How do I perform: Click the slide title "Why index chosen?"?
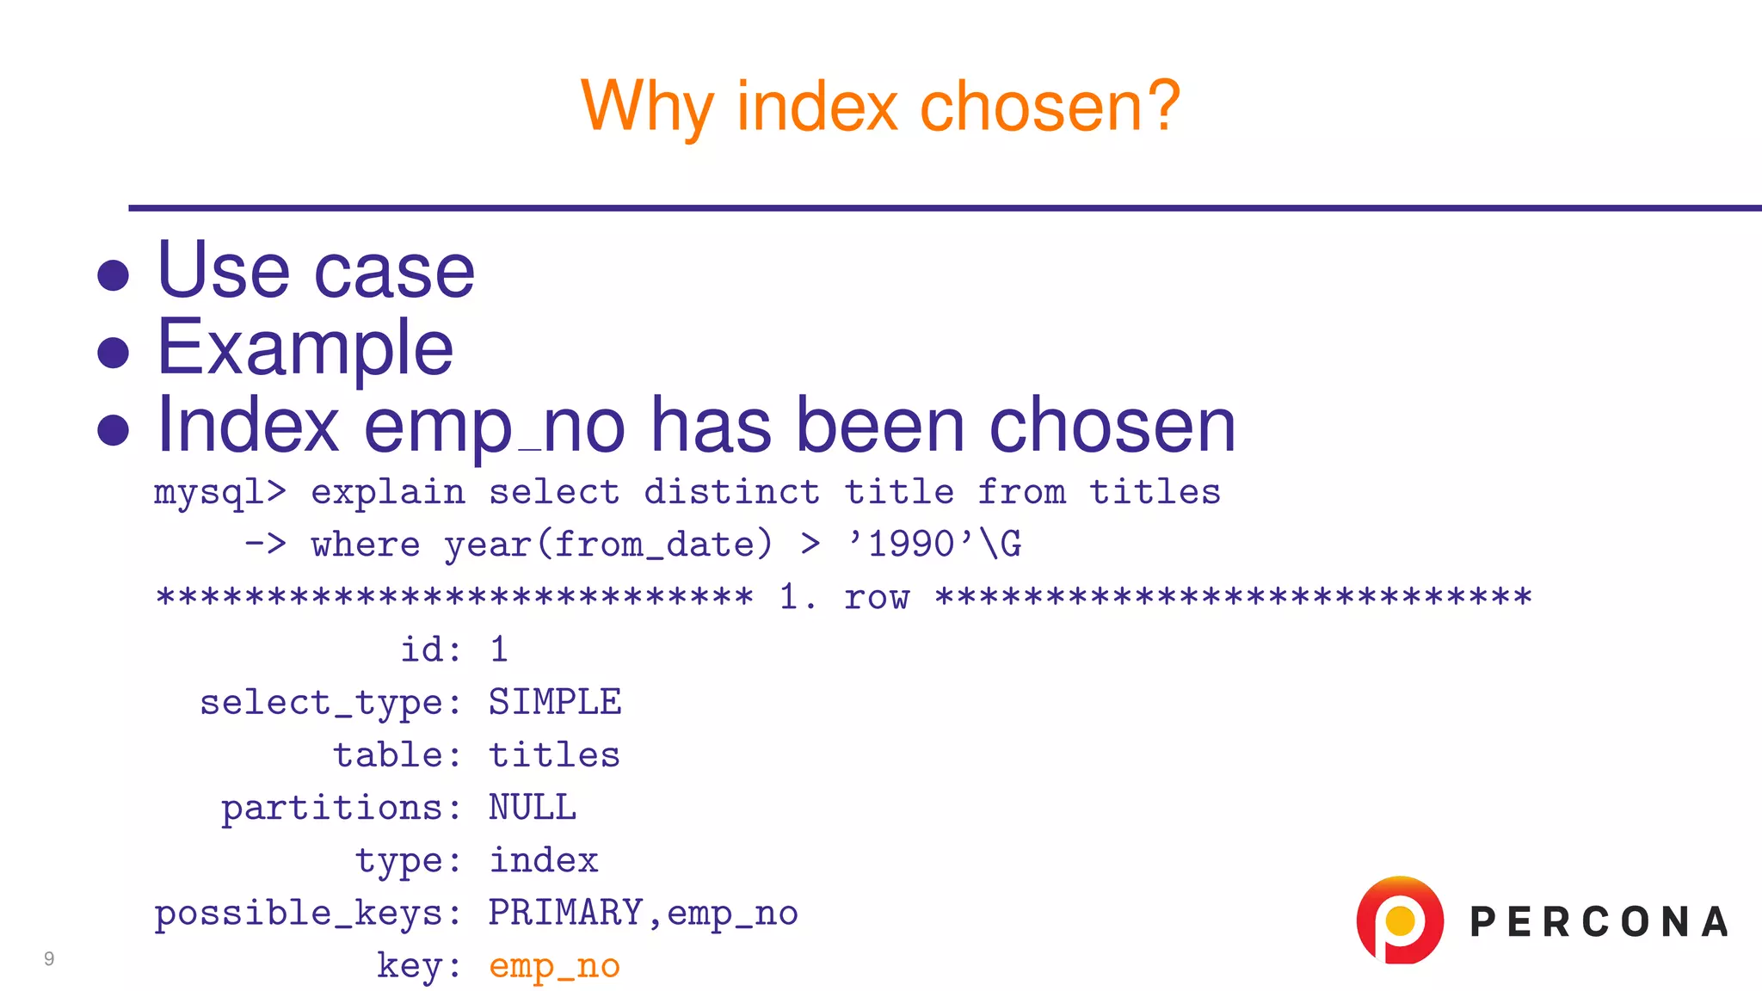880,107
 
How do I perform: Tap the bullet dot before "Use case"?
114,276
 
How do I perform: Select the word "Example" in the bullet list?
305,348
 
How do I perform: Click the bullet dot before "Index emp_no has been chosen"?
114,429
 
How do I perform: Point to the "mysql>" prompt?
220,493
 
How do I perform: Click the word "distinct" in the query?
731,493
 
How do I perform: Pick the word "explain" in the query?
388,493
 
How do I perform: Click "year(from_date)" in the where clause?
608,545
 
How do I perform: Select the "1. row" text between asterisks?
844,597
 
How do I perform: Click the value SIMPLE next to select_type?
555,703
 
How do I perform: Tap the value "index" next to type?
544,861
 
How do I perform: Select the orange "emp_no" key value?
555,966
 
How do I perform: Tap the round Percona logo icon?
1399,920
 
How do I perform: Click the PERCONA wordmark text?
1599,922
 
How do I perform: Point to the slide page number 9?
49,958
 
